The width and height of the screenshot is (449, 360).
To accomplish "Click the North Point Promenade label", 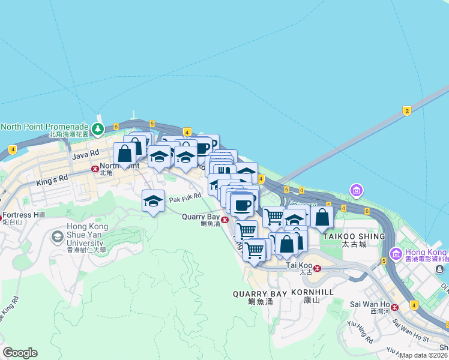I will coord(44,127).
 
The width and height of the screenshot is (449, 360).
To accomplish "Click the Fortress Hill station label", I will coord(24,215).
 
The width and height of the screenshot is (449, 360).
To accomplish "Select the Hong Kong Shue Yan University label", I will coord(77,235).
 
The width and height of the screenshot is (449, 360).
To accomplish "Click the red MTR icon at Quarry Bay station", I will coord(224,220).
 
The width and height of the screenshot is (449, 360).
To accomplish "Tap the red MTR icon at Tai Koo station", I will coord(318,268).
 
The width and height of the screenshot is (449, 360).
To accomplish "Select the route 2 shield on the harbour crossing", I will coord(407,110).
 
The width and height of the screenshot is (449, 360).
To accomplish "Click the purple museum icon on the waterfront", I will coord(357,191).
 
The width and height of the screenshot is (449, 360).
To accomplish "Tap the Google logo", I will coord(20,352).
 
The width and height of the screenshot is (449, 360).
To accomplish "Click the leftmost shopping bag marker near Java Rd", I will coord(124,154).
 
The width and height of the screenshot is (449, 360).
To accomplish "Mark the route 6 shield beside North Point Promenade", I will coord(116,127).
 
